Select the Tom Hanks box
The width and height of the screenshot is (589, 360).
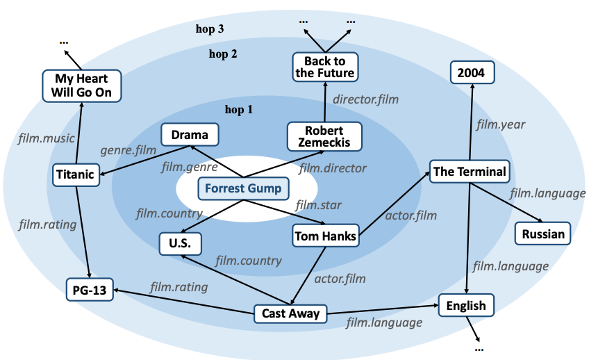pyautogui.click(x=324, y=236)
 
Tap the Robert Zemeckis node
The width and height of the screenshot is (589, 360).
pyautogui.click(x=324, y=136)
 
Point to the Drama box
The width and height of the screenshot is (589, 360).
pyautogui.click(x=190, y=135)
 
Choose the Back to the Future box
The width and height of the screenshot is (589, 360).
pyautogui.click(x=324, y=67)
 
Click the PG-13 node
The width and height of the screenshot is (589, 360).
pyautogui.click(x=90, y=289)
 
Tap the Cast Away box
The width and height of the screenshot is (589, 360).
pyautogui.click(x=290, y=313)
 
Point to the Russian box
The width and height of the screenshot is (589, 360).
pyautogui.click(x=543, y=234)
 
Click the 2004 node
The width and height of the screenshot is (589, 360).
pyautogui.click(x=472, y=72)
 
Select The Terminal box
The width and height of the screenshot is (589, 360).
pyautogui.click(x=470, y=171)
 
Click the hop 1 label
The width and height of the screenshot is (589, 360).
pyautogui.click(x=240, y=109)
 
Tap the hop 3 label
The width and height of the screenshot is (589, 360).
pyautogui.click(x=210, y=29)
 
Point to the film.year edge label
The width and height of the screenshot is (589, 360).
pyautogui.click(x=500, y=124)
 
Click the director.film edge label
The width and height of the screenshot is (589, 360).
pyautogui.click(x=365, y=99)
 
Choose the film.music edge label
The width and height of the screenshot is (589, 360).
pyautogui.click(x=46, y=139)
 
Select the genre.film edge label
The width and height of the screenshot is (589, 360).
pyautogui.click(x=128, y=150)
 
